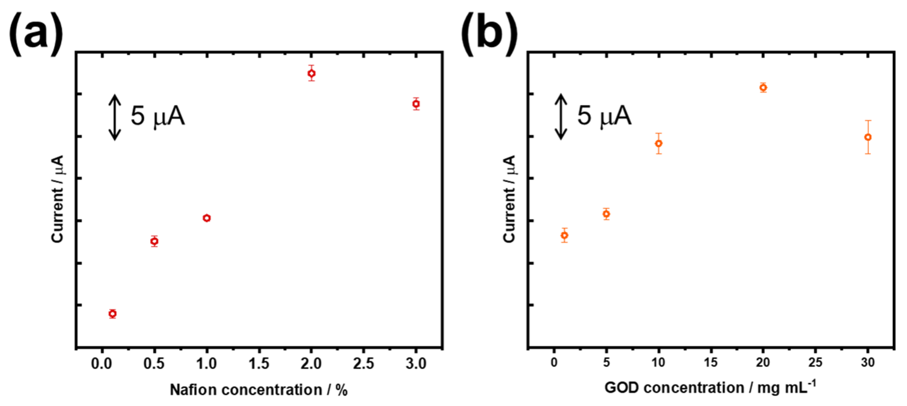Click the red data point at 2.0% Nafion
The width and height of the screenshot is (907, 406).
[x=311, y=73]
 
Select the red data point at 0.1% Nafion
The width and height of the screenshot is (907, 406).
[x=113, y=313]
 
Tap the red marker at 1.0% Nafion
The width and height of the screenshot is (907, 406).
[x=207, y=218]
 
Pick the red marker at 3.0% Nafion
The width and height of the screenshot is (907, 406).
[x=416, y=103]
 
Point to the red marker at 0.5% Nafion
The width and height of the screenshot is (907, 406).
[x=154, y=241]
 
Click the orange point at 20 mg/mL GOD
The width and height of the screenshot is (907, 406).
[x=763, y=87]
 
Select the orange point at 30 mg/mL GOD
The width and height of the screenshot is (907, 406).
[x=868, y=137]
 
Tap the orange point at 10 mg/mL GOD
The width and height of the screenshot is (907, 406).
[x=659, y=143]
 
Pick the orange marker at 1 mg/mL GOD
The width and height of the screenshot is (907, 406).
[x=564, y=235]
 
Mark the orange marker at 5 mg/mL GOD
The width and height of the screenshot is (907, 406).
[x=606, y=214]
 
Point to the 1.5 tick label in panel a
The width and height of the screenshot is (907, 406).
[x=259, y=363]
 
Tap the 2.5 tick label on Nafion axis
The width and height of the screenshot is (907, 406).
[x=363, y=363]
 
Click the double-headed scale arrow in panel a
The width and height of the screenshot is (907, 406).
[x=115, y=117]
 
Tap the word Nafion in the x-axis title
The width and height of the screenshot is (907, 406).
[x=193, y=390]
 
